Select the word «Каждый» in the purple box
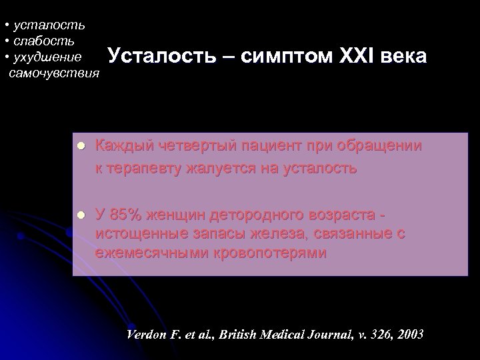(x=120, y=145)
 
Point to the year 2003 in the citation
(x=409, y=334)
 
